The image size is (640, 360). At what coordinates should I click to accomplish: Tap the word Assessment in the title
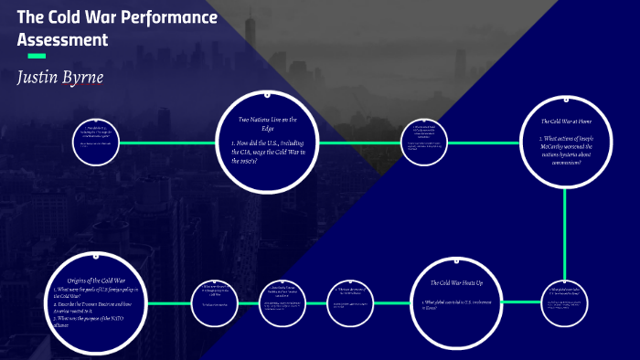[x=62, y=40]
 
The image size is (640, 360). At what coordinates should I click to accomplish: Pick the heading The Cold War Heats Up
[x=455, y=283]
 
